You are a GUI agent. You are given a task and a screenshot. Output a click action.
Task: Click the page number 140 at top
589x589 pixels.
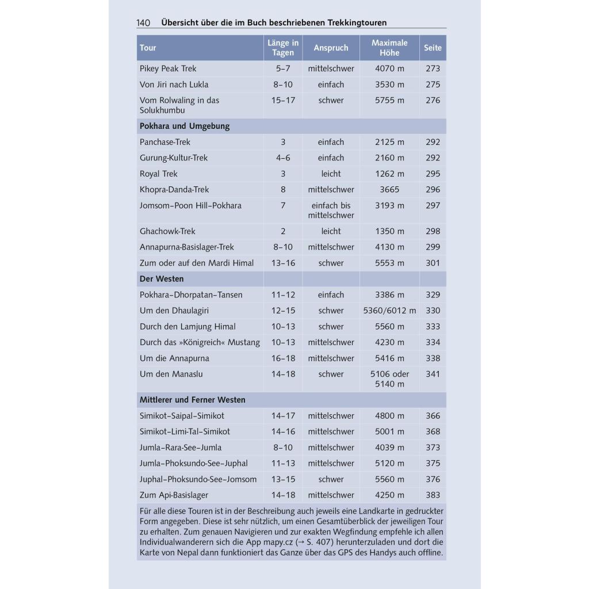[143, 23]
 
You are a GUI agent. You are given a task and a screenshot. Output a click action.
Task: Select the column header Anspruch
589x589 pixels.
[331, 48]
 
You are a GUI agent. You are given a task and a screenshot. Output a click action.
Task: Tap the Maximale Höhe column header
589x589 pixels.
[389, 48]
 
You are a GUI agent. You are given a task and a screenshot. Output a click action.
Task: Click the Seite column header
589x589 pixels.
[433, 48]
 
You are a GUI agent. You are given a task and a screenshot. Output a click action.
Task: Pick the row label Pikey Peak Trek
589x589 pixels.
[168, 68]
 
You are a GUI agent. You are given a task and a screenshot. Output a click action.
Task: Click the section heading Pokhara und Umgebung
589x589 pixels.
[185, 126]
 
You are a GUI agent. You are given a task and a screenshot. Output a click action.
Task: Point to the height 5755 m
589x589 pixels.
[389, 100]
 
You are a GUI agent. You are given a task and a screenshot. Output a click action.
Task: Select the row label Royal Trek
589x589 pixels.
[159, 174]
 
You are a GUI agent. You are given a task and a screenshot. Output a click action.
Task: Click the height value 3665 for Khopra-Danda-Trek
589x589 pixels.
[389, 189]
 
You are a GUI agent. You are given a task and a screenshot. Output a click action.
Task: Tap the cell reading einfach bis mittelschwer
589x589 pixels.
[331, 210]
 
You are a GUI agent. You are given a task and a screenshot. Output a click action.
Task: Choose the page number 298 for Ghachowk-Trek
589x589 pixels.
[433, 231]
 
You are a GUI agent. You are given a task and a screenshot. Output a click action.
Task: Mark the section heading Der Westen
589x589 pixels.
[162, 279]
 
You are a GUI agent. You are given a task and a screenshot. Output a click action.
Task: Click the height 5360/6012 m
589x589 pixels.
[389, 311]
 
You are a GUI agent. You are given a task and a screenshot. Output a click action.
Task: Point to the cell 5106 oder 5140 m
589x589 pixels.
[389, 378]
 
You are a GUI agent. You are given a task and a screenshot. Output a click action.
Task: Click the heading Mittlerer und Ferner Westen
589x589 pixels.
[193, 400]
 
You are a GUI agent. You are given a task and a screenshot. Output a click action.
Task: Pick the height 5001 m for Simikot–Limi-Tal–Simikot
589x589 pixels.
[389, 431]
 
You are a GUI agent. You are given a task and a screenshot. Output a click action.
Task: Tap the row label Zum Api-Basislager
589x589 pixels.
[174, 495]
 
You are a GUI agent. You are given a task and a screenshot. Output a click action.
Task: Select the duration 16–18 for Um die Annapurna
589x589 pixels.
[283, 358]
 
